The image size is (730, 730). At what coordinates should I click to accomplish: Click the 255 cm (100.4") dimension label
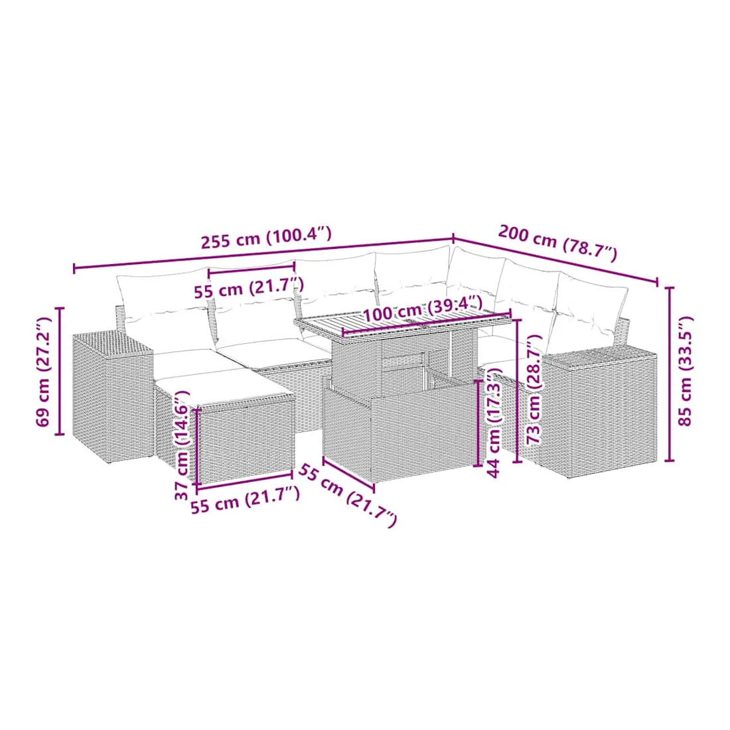coord(266,237)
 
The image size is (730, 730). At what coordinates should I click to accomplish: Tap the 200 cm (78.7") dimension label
coord(557,242)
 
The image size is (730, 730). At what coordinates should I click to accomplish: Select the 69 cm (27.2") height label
coord(43,372)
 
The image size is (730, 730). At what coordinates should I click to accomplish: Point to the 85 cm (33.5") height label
coord(686,371)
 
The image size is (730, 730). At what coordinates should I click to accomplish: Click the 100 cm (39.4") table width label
coord(422,308)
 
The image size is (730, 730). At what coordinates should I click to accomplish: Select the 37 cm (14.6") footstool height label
coord(182,445)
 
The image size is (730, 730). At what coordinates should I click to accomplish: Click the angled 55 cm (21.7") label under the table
coord(347,495)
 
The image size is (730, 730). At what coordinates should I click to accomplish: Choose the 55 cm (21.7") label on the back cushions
coord(249,288)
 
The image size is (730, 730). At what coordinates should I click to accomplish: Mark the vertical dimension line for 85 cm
coord(670,374)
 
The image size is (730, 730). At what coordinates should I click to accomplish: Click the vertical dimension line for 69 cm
coord(59,371)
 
